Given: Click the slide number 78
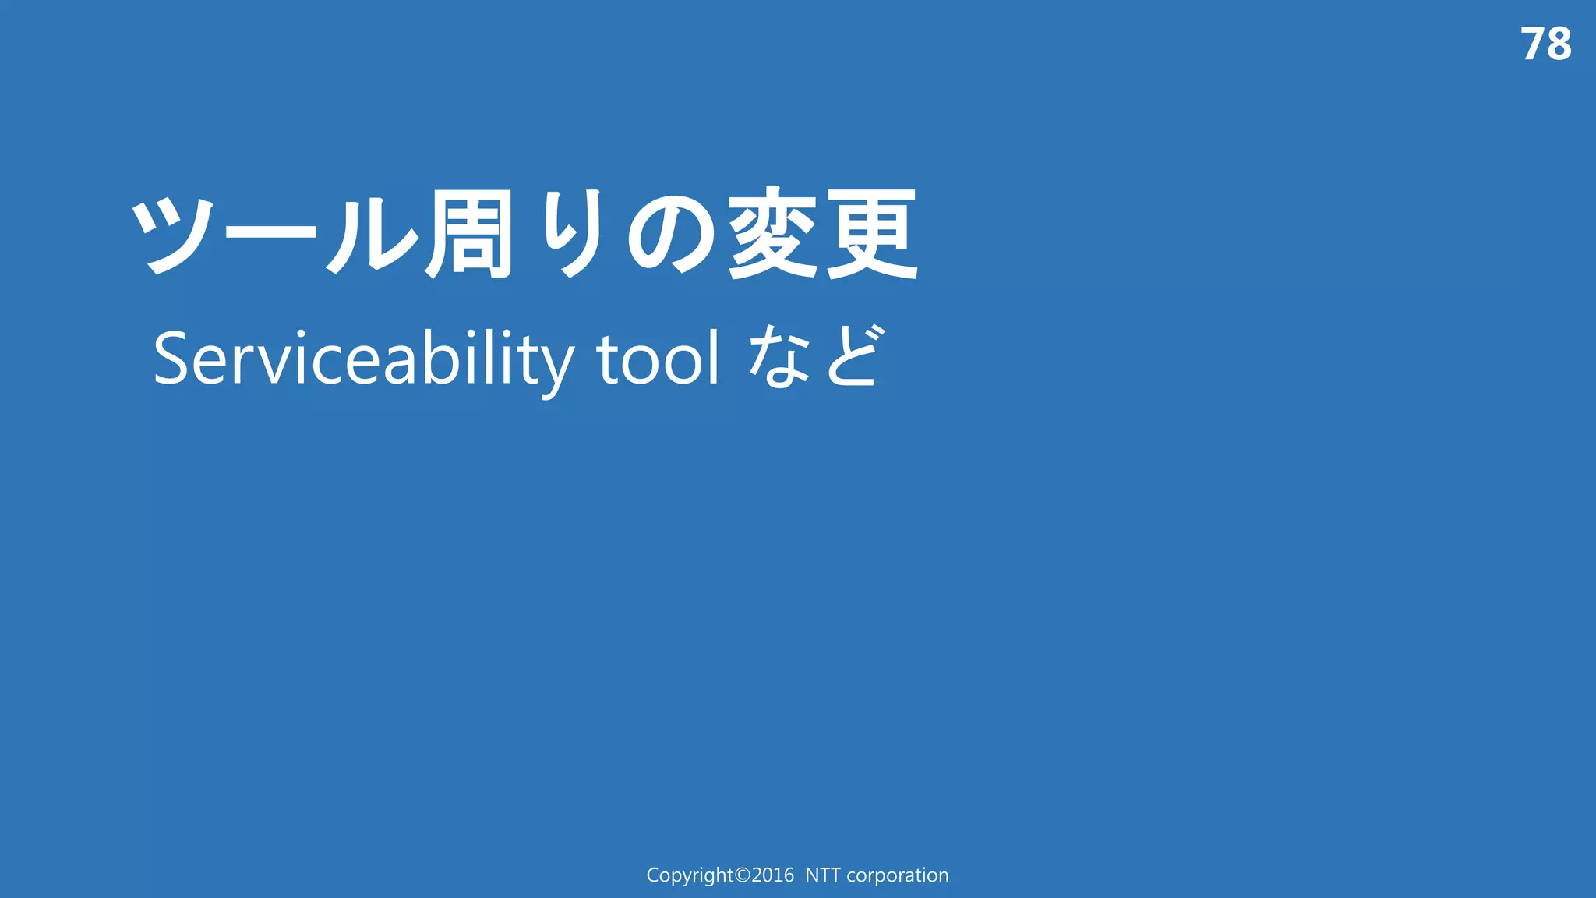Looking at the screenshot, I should [x=1545, y=44].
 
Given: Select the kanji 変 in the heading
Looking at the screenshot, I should [x=773, y=234].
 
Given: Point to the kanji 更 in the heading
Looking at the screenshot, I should [x=872, y=234].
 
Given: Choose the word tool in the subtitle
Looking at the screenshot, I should [x=658, y=359].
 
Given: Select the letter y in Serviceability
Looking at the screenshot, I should [x=554, y=366].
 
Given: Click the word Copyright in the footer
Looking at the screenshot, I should [x=690, y=875].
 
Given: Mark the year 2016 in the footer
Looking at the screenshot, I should [x=772, y=875].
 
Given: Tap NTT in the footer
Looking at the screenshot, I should [x=823, y=875].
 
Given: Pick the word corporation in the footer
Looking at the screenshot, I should [x=897, y=875].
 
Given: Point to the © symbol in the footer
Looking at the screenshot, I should [x=743, y=875].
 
